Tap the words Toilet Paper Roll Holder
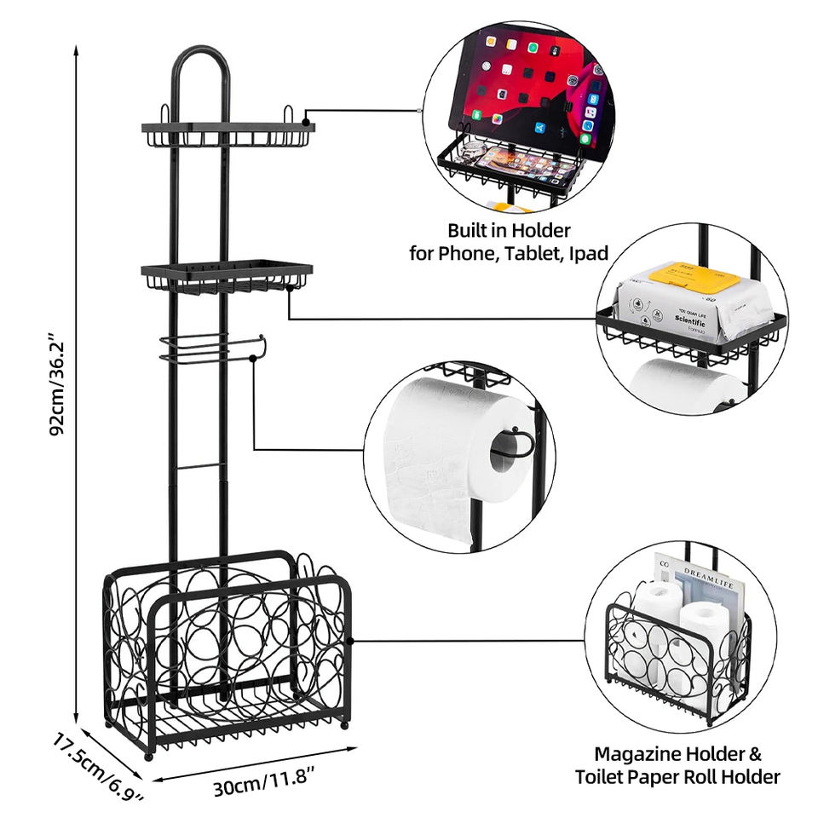(677, 776)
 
